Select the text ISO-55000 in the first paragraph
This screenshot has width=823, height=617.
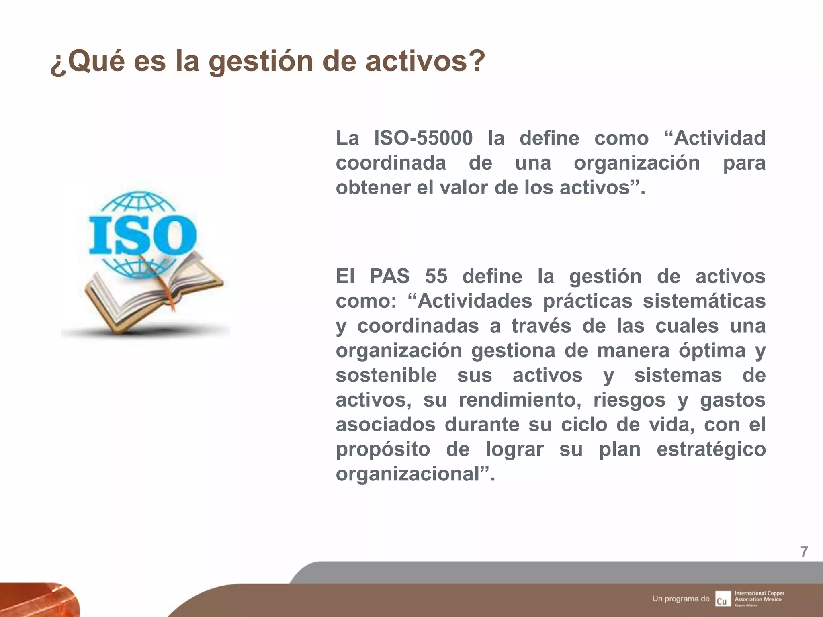[x=424, y=138]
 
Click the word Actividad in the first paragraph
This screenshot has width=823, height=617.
[x=719, y=138]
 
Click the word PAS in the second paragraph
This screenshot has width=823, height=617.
[x=389, y=276]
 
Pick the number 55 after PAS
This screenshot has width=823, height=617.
[x=436, y=276]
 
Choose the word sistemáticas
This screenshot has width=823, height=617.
[x=704, y=301]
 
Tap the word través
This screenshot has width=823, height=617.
[x=541, y=326]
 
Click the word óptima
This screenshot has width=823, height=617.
[x=712, y=351]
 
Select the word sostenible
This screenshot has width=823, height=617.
[x=386, y=375]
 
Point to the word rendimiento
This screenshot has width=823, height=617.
[x=520, y=400]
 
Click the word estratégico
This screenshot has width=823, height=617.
[x=711, y=449]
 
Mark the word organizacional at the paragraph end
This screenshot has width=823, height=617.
[x=408, y=474]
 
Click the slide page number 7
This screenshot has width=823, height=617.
[x=804, y=552]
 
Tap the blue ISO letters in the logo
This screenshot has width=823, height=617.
[x=142, y=235]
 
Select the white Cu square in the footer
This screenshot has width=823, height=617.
[x=723, y=599]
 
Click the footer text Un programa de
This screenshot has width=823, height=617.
[x=681, y=599]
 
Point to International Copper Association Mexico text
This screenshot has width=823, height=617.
[x=759, y=597]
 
